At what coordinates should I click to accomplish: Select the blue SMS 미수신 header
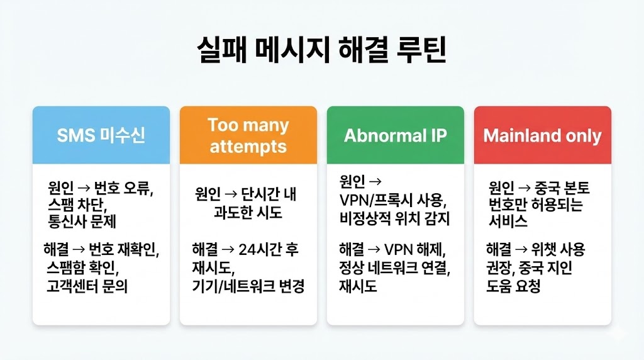(101, 135)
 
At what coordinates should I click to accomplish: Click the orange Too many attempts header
(248, 135)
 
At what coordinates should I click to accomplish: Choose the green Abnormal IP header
(395, 135)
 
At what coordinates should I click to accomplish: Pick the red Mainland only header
(542, 135)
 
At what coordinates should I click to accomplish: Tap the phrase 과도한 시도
(248, 213)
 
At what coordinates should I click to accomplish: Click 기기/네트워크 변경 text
(248, 287)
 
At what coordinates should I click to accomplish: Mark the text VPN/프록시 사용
(392, 201)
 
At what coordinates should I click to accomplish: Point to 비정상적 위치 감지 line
(395, 220)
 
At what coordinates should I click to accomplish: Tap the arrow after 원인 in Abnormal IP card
(376, 182)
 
